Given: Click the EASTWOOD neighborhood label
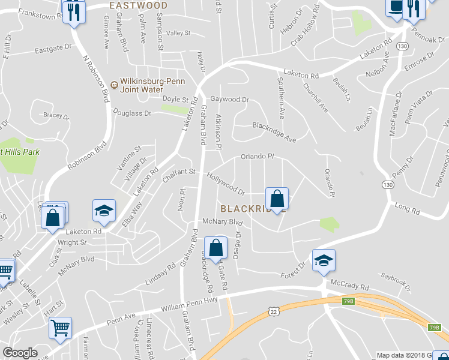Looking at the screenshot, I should click(139, 5).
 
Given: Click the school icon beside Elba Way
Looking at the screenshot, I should click(104, 211).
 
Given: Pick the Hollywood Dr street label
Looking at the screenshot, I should click(226, 184).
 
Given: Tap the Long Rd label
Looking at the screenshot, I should click(408, 209).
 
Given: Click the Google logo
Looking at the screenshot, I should click(19, 353).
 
